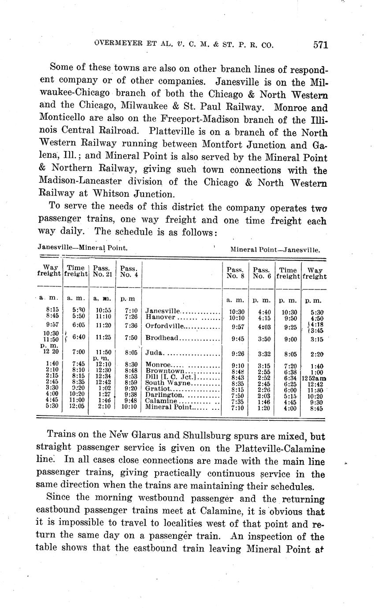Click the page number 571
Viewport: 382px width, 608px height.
(321, 44)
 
